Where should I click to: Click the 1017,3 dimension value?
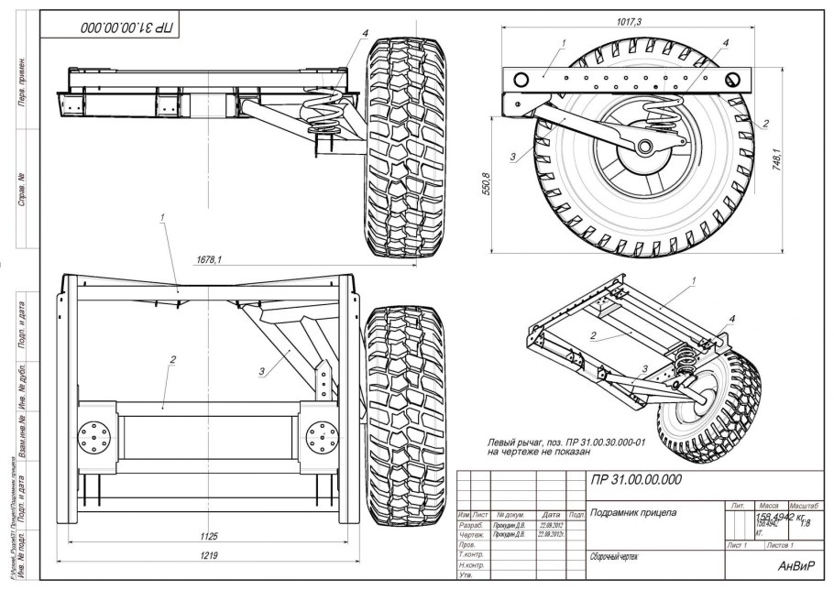[630, 20]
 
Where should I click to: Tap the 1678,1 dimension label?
[209, 259]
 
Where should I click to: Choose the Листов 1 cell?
[780, 545]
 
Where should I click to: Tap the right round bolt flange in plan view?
[323, 434]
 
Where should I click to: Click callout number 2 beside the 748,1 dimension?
[766, 122]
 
